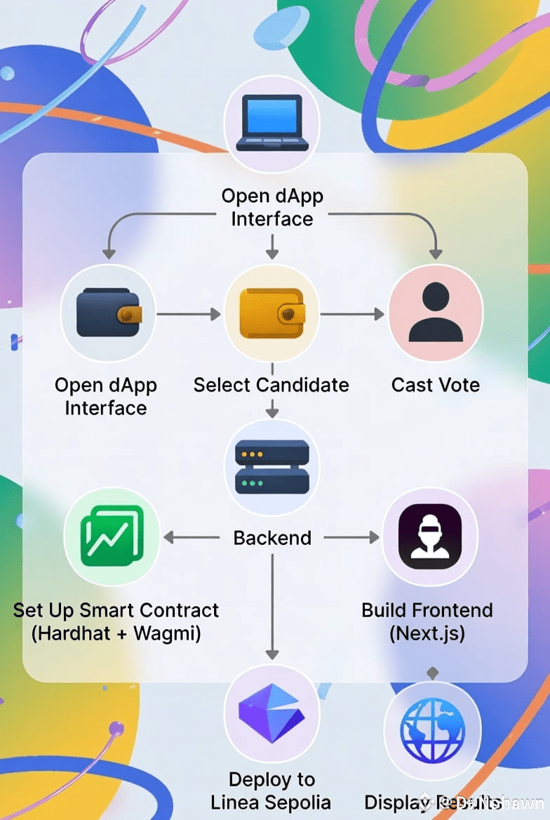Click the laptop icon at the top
coord(271,124)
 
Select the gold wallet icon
coord(271,313)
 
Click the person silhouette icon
coord(436,313)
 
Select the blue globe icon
coord(432,730)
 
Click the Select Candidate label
coord(271,385)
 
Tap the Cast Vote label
coord(436,385)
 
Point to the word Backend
coord(272,538)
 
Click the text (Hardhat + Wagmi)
coord(116,633)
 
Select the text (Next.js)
coord(427,633)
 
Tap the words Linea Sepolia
coord(271,802)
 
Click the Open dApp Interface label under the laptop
coord(272,207)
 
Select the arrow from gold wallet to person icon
coord(352,315)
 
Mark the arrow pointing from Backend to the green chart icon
coord(191,538)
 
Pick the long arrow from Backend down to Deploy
coord(272,604)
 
